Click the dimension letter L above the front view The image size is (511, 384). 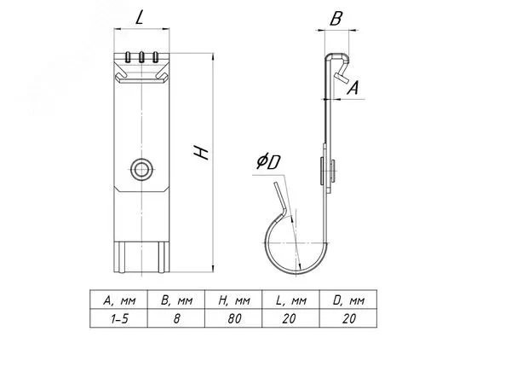[140, 18]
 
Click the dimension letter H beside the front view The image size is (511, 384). [201, 153]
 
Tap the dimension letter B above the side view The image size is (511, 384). [336, 19]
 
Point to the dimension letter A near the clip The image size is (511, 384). [353, 88]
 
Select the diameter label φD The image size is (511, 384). [268, 161]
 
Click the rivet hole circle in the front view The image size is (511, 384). [142, 169]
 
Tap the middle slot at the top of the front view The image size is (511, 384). [141, 57]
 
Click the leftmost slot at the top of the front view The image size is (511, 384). [128, 57]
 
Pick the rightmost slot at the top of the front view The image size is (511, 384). [156, 57]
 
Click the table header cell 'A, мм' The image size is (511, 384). [119, 300]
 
